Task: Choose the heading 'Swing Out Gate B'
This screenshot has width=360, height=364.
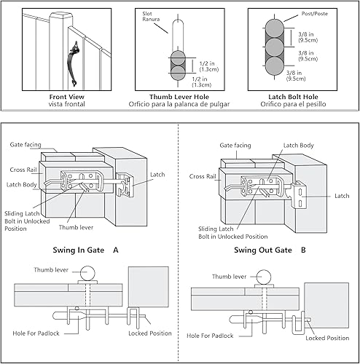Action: (269, 249)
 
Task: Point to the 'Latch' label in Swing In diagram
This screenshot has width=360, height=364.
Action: (158, 175)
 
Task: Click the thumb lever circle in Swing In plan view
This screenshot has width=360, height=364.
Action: (89, 274)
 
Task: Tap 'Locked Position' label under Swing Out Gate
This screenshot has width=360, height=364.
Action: (327, 338)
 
